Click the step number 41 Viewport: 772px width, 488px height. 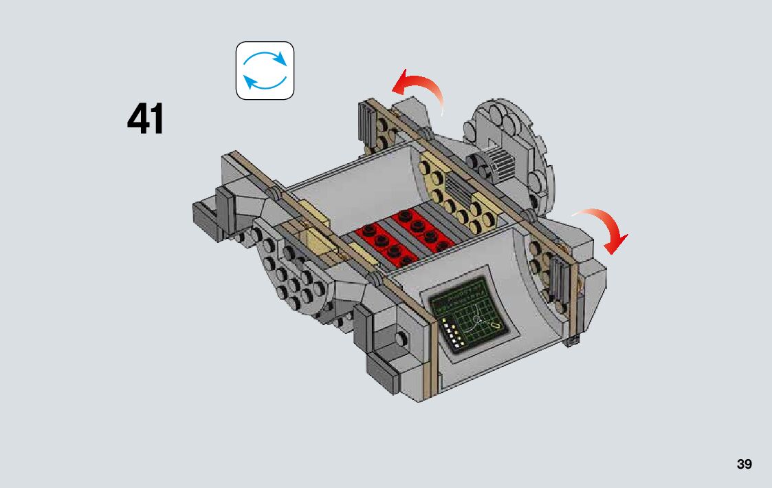tap(146, 120)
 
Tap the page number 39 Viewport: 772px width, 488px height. tap(744, 464)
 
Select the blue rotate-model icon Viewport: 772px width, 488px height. tap(265, 71)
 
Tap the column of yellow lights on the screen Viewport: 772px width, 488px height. tap(453, 332)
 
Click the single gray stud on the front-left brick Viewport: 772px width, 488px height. tap(401, 339)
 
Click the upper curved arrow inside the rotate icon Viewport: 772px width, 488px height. tap(265, 59)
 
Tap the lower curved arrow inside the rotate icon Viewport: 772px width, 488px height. tap(264, 83)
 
